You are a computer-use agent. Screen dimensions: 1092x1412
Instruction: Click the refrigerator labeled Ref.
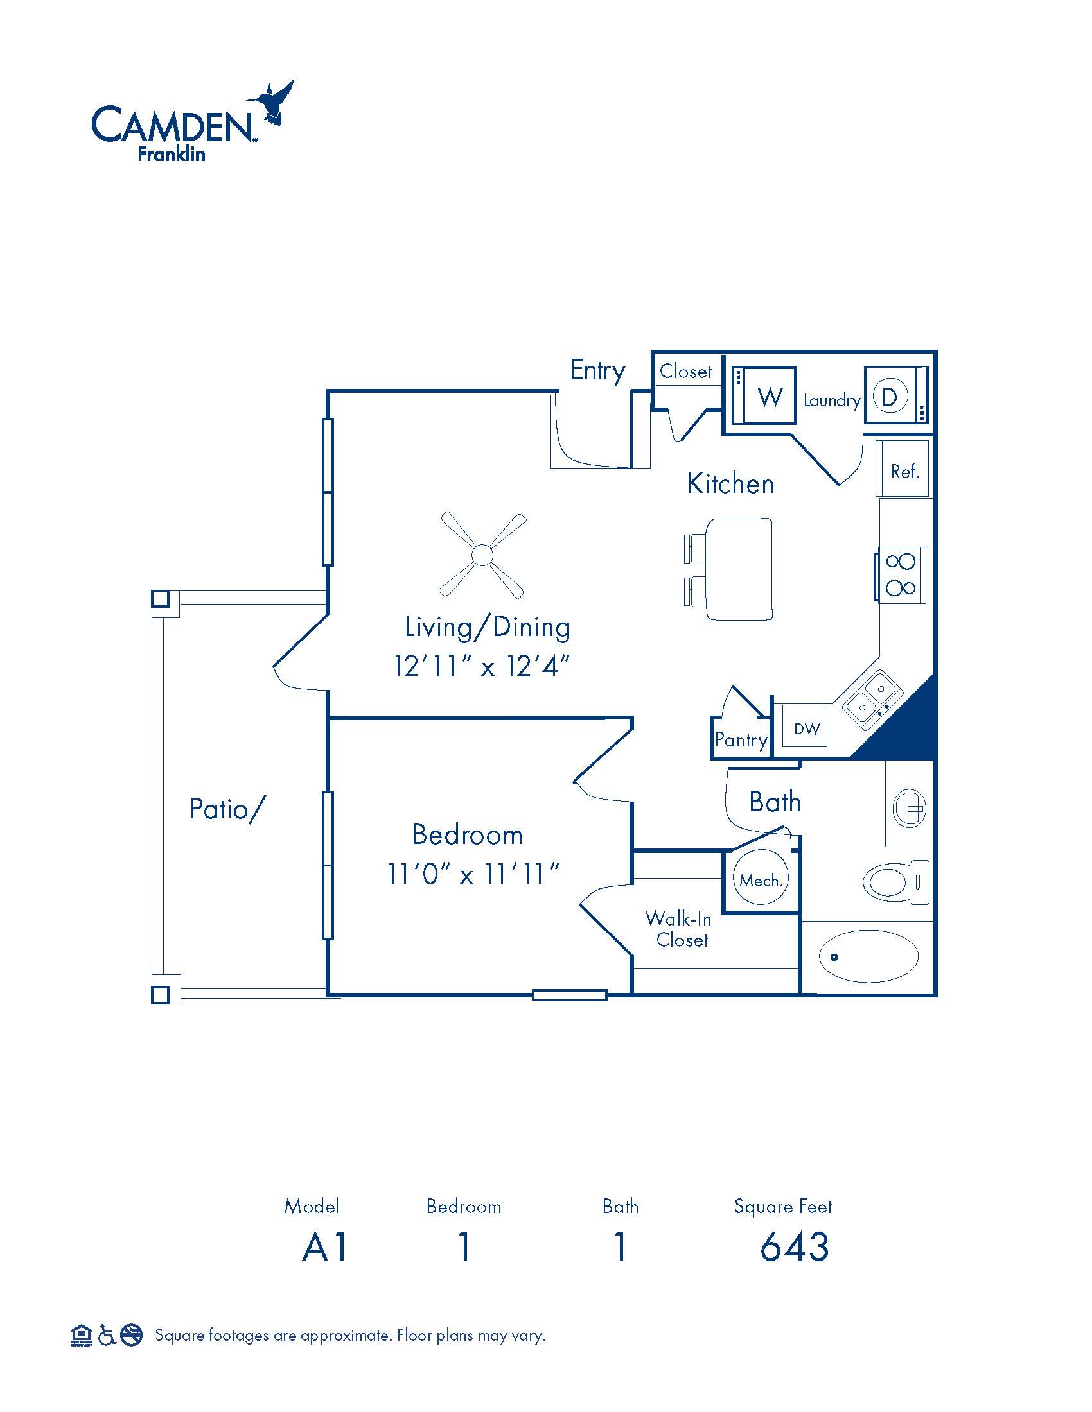[x=904, y=469]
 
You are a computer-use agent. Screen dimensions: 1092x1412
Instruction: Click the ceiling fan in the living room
[x=482, y=555]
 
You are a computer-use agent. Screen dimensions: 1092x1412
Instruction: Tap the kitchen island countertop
[x=739, y=569]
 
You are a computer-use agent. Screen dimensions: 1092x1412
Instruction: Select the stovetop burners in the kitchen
[x=901, y=574]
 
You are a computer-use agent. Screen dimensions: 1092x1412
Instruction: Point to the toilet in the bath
[x=897, y=881]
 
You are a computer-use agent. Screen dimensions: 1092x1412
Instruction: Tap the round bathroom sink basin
[x=909, y=808]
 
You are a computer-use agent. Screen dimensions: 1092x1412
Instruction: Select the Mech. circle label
[x=761, y=881]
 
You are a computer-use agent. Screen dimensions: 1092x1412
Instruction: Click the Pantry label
[x=741, y=739]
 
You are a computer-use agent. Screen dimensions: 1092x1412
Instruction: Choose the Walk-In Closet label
[x=678, y=930]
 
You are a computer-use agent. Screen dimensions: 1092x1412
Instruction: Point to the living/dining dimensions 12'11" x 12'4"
[x=482, y=666]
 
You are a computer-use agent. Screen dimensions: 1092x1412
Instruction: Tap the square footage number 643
[x=795, y=1247]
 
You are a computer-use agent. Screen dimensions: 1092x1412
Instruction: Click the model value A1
[x=325, y=1247]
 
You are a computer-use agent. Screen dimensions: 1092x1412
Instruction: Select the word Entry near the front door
[x=598, y=371]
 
